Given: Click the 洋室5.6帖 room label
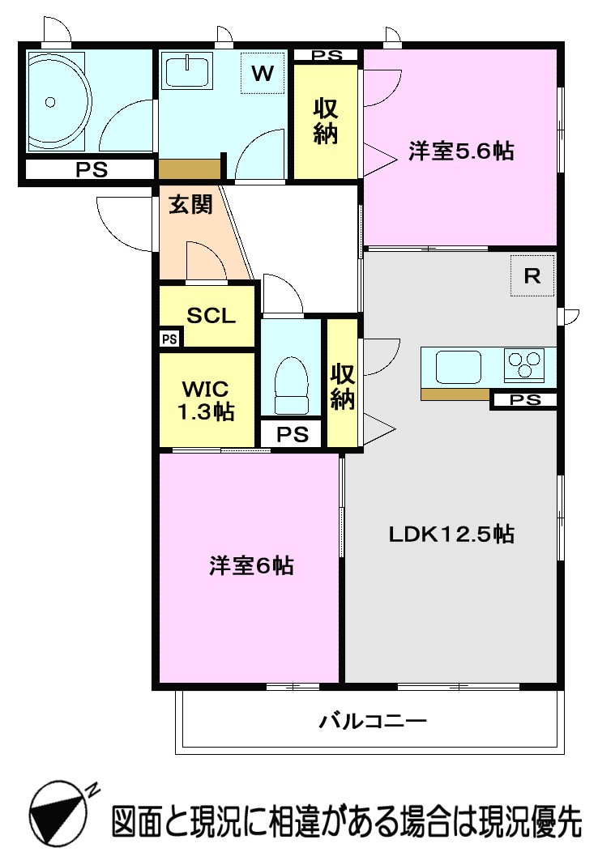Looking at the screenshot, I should pos(460,151).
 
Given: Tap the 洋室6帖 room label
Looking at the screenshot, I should pos(251,565).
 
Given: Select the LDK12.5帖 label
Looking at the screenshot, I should pos(451,534).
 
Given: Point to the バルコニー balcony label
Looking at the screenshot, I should pos(372,720).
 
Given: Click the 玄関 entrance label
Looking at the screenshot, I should pos(190,205).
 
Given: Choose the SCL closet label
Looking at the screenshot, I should pos(211,316).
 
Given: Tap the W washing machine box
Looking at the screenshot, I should pos(262,73).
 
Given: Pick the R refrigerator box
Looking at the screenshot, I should pos(532,276).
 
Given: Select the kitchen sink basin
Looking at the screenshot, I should pos(459,366).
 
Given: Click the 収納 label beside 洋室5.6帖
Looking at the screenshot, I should pos(326,121).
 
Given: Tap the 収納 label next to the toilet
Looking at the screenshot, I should pos(342,386).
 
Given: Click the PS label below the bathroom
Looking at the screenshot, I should pos(91,170).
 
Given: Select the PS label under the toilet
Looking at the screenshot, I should pos(293,434).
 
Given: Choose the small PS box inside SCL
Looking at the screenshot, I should pos(169,339).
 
